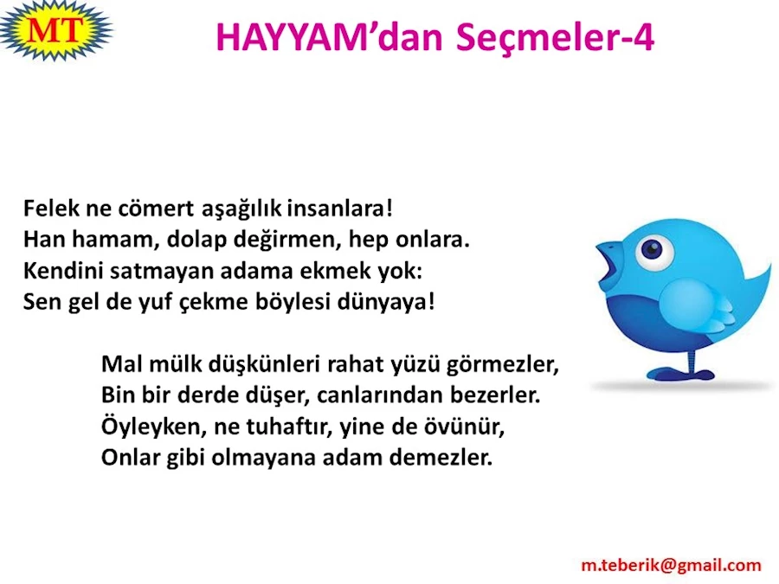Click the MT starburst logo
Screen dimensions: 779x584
click(55, 31)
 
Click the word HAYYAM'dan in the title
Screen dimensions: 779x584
click(330, 37)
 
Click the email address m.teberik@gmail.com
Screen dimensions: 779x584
click(671, 565)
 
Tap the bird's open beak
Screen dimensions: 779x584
click(610, 263)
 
